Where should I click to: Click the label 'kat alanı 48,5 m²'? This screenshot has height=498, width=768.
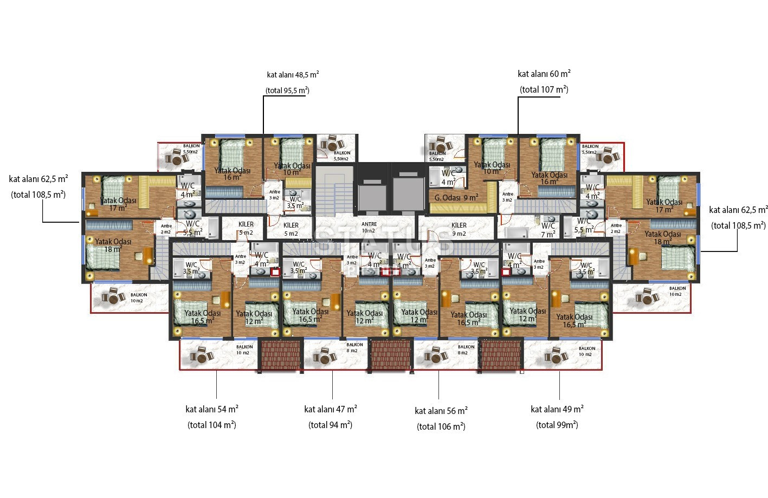pos(293,75)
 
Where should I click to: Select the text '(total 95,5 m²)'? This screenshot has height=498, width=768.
pos(287,90)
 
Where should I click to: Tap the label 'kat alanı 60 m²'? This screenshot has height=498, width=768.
pos(544,74)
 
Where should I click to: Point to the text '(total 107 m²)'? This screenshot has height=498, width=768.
pos(544,89)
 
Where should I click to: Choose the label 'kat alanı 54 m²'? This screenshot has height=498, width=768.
pos(212,409)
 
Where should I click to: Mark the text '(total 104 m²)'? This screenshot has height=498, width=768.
pos(212,425)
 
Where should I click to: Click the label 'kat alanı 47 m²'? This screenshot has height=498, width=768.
pos(331,409)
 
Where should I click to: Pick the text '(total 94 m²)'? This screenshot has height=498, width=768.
pos(331,425)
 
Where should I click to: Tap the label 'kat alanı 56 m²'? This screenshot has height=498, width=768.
pos(441,411)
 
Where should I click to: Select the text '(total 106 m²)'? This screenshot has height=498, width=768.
pos(441,426)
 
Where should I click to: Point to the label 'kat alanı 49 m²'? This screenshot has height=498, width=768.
pos(557,409)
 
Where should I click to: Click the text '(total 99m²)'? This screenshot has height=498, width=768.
pos(557,425)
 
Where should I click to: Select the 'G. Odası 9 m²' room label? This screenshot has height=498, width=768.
pos(456,198)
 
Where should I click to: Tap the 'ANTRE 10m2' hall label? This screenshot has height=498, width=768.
pos(369,227)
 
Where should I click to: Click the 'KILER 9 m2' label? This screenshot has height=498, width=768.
pos(459,229)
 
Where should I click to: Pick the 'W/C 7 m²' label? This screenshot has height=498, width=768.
pos(548,230)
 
